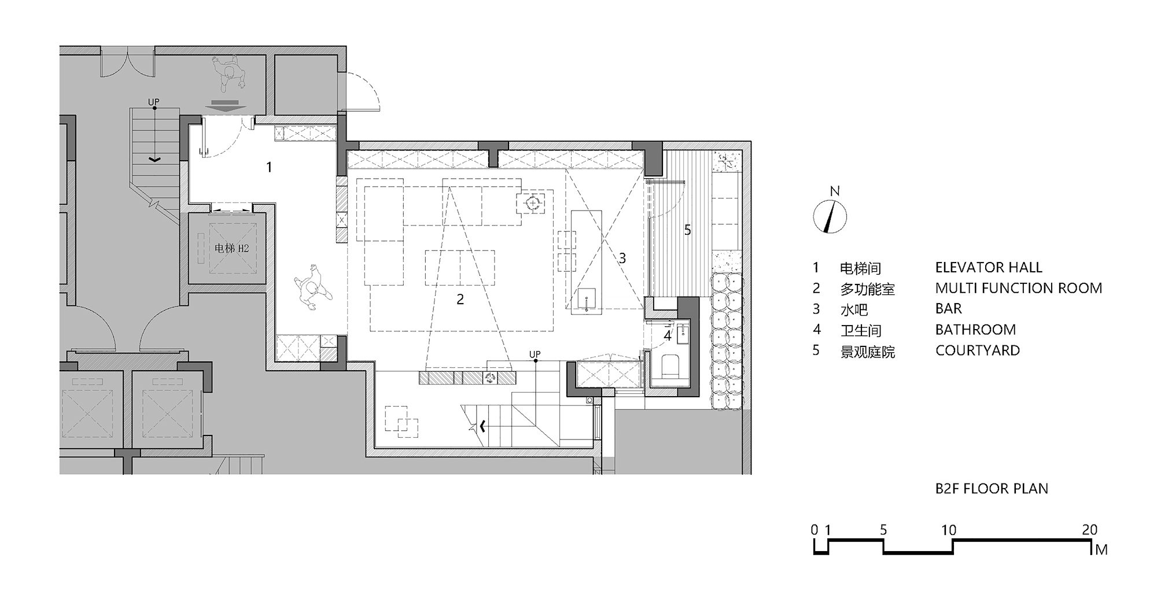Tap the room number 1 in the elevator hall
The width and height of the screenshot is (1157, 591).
[269, 168]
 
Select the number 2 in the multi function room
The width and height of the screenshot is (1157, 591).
[460, 300]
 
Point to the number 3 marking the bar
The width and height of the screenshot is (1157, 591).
[622, 258]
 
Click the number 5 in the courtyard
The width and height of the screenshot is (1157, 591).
[687, 230]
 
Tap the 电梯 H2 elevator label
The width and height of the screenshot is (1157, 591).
[231, 249]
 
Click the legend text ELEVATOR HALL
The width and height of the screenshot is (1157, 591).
[989, 267]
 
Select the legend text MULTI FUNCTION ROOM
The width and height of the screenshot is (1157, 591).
[1019, 288]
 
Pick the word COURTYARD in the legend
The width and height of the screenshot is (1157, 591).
[978, 350]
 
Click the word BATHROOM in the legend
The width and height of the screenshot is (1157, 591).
[975, 330]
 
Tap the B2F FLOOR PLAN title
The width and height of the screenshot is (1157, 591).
[992, 489]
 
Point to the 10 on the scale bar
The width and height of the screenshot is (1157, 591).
[949, 530]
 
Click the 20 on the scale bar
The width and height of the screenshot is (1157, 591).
[1090, 530]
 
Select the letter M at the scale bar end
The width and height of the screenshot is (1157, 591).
[1101, 550]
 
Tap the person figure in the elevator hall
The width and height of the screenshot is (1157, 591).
[312, 285]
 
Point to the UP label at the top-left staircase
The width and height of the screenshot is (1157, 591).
[153, 102]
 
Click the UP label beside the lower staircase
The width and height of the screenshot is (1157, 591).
[535, 354]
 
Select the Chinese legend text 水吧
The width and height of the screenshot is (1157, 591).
[854, 309]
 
